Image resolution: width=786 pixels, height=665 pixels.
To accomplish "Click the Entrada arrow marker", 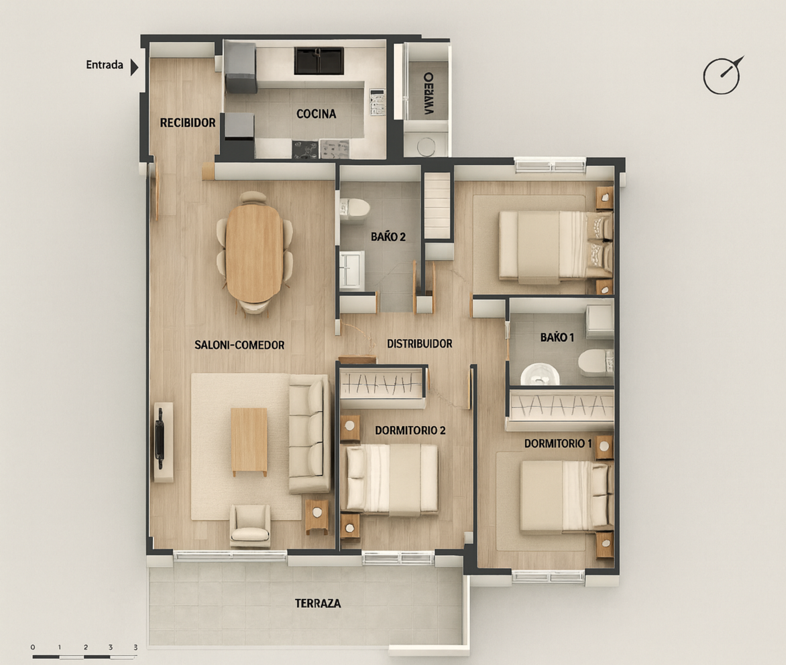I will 134,67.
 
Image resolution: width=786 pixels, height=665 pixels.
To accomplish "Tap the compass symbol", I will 722,76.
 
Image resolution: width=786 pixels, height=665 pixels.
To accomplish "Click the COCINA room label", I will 316,114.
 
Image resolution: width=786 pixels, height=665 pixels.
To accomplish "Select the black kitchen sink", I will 319,61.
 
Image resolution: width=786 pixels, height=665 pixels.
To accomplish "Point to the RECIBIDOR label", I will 187,123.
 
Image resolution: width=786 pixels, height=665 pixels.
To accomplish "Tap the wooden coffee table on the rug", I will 249,441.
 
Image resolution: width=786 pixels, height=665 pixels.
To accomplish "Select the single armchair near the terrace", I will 250,526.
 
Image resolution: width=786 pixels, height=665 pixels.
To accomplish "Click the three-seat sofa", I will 309,433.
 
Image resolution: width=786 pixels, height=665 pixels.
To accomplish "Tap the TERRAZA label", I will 318,603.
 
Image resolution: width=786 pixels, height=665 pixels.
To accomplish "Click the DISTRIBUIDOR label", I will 419,344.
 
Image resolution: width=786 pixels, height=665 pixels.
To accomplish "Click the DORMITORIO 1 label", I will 557,443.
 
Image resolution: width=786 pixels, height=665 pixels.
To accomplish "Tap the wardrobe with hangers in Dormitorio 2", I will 382,383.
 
